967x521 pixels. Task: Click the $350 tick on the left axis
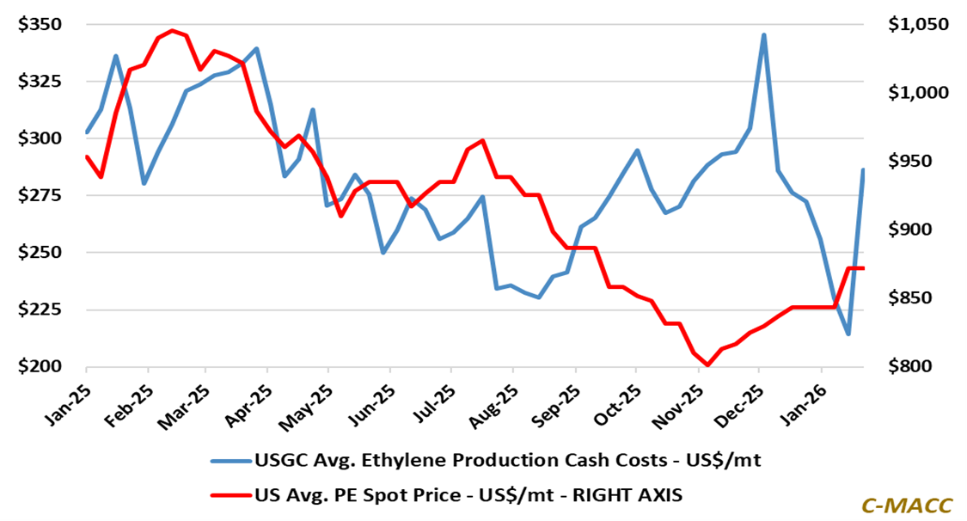pyautogui.click(x=40, y=24)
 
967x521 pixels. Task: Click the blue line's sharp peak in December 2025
pyautogui.click(x=764, y=35)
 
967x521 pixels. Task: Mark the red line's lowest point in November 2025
pyautogui.click(x=707, y=365)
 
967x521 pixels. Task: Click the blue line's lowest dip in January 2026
pyautogui.click(x=848, y=334)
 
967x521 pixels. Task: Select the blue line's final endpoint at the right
pyautogui.click(x=863, y=170)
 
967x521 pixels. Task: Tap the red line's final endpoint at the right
pyautogui.click(x=863, y=268)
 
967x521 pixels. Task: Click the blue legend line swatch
pyautogui.click(x=230, y=461)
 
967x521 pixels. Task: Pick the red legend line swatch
pyautogui.click(x=230, y=493)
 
